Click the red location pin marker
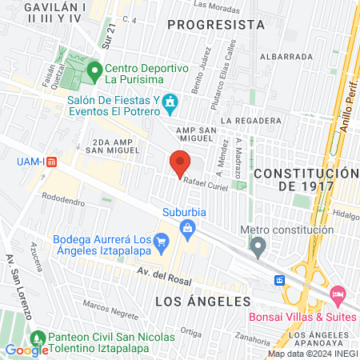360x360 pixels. tap(180, 163)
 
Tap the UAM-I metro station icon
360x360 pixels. tap(52, 161)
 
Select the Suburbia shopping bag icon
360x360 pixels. tap(187, 230)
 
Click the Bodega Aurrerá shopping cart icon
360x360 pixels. tap(162, 240)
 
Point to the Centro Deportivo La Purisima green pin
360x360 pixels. tap(94, 71)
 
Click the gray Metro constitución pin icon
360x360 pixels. tap(258, 248)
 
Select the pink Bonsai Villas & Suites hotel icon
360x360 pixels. tap(338, 296)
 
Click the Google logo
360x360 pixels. tap(27, 350)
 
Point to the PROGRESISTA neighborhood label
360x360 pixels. tap(216, 25)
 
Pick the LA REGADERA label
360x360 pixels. tap(252, 121)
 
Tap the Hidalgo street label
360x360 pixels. tap(346, 215)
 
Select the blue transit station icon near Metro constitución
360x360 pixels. tap(280, 280)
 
